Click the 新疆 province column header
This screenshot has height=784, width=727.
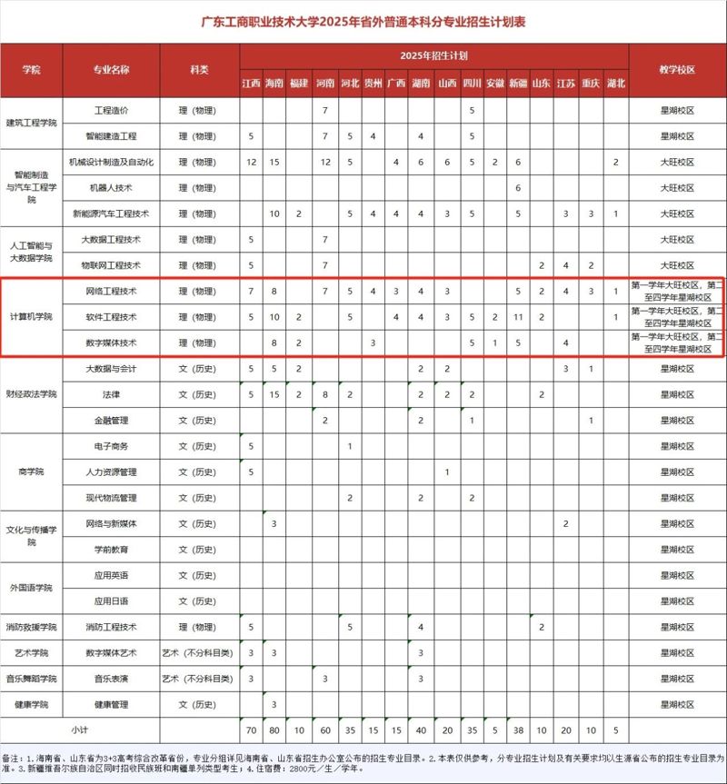[517, 84]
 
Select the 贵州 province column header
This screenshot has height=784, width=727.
[373, 84]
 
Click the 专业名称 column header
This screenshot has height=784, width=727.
[111, 70]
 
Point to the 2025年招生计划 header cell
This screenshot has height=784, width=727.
[433, 56]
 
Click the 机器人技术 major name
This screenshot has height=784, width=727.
[111, 188]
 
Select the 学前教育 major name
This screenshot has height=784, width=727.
[111, 550]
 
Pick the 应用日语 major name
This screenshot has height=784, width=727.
[111, 600]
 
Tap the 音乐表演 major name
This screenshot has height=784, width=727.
[111, 679]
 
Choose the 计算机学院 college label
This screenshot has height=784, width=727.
[32, 317]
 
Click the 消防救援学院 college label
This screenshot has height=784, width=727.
[32, 627]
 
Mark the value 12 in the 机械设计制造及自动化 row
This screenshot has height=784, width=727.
[251, 162]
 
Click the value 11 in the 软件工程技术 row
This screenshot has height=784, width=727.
[517, 317]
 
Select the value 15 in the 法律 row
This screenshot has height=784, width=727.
[274, 394]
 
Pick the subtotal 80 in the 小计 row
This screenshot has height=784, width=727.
[274, 730]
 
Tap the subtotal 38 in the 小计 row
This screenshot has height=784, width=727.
[517, 730]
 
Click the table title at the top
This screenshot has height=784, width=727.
[363, 21]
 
